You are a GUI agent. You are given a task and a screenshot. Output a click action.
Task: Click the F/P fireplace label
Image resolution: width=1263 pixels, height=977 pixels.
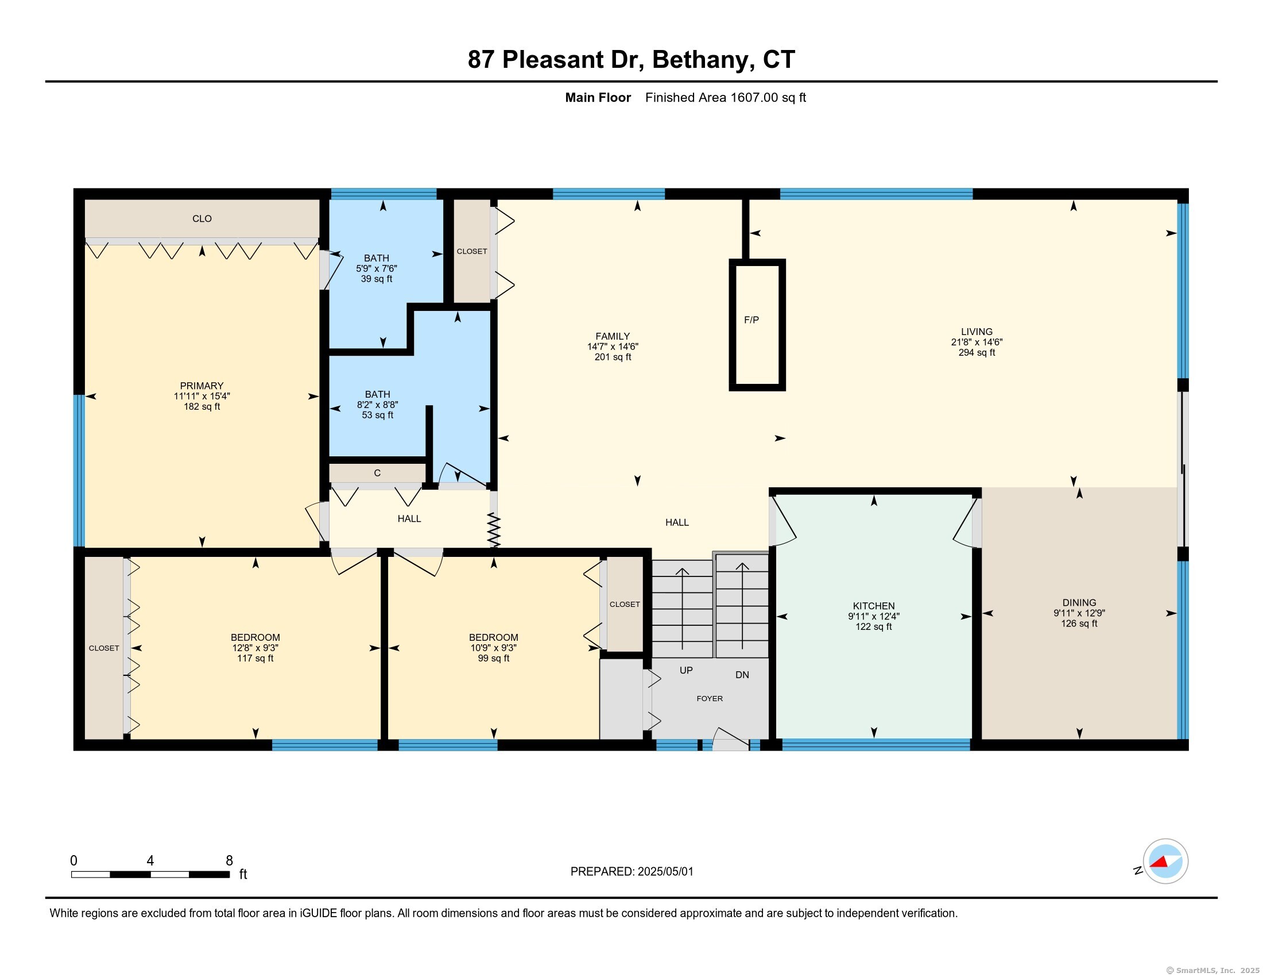pos(751,320)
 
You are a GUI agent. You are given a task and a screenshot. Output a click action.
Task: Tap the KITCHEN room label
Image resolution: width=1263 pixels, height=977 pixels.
pos(874,606)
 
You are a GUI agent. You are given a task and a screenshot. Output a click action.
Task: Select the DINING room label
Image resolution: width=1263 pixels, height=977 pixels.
pos(1079,602)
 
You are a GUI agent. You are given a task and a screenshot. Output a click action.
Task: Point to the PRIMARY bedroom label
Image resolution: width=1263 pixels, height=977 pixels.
pos(202,386)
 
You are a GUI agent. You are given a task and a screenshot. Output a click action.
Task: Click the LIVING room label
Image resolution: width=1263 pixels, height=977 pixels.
pos(977,332)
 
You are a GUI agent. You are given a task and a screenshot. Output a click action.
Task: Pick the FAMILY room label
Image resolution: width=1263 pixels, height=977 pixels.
pos(613,336)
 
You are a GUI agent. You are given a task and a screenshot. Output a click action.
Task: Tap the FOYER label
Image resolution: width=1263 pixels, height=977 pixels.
pos(710,699)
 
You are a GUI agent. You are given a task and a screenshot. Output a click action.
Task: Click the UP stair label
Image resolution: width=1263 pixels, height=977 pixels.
pos(686,670)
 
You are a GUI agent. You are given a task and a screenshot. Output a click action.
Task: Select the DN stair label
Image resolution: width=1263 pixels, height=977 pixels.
pos(742,675)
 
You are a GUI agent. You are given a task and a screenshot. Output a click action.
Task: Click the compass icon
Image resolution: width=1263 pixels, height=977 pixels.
pos(1165,861)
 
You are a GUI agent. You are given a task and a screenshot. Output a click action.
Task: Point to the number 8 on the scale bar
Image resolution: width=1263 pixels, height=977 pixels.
pos(229,861)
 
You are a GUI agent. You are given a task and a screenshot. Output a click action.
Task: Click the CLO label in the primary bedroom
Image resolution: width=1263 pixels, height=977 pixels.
pos(202,219)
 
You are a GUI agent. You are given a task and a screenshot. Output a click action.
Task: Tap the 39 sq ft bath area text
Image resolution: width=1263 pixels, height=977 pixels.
pos(377,279)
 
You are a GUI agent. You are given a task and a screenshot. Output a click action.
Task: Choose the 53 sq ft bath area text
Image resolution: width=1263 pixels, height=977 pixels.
pos(378,415)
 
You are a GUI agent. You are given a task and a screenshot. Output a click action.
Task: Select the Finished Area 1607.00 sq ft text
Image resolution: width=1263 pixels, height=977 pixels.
pos(726,98)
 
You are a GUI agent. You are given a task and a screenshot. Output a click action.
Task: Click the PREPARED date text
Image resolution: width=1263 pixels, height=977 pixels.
pos(631,872)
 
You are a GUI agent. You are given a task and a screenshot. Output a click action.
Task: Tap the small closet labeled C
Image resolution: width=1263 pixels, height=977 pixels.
pos(377,473)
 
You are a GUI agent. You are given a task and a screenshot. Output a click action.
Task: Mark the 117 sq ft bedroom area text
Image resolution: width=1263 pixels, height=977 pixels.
pos(255,658)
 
